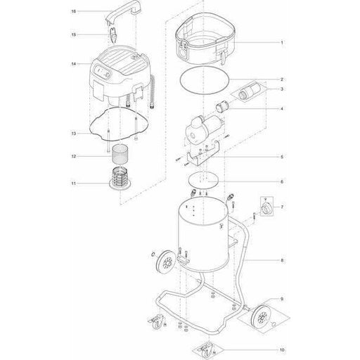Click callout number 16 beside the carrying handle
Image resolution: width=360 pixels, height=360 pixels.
pyautogui.click(x=74, y=11)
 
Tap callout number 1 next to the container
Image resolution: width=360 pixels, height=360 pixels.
pyautogui.click(x=282, y=43)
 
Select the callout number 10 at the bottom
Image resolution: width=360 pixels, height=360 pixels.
pyautogui.click(x=282, y=350)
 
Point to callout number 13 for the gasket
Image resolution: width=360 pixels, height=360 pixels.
pyautogui.click(x=74, y=134)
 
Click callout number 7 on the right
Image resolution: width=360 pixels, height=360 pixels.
pyautogui.click(x=282, y=207)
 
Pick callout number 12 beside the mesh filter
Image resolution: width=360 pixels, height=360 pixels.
pyautogui.click(x=74, y=156)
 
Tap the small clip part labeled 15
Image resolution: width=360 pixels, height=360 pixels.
pyautogui.click(x=113, y=35)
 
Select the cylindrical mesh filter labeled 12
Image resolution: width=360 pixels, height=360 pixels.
pyautogui.click(x=120, y=154)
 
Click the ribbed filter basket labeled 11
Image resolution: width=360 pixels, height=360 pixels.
pyautogui.click(x=120, y=179)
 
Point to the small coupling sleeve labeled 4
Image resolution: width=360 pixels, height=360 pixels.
pyautogui.click(x=221, y=107)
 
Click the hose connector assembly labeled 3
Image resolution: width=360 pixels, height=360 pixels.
pyautogui.click(x=250, y=90)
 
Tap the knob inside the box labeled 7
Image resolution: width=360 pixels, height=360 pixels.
pyautogui.click(x=267, y=207)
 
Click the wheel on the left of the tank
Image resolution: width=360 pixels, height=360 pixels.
pyautogui.click(x=166, y=262)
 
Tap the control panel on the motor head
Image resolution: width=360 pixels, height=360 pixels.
pyautogui.click(x=103, y=72)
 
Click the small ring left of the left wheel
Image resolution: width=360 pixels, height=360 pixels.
pyautogui.click(x=153, y=254)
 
